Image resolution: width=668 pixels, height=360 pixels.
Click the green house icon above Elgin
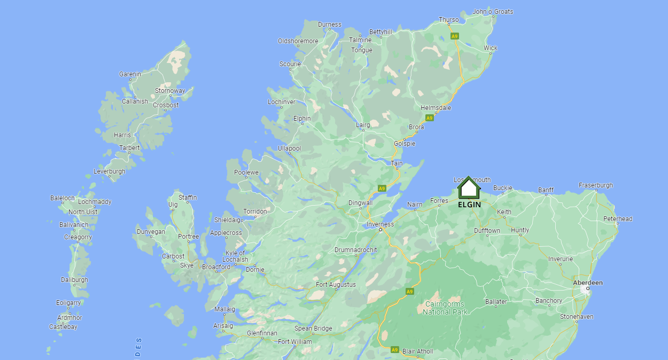point(469,188)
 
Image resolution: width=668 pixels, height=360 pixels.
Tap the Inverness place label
point(380,224)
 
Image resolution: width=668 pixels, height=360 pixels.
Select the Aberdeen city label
point(587,283)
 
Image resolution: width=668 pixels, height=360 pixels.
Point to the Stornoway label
point(170,91)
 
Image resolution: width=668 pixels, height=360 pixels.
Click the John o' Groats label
point(493,12)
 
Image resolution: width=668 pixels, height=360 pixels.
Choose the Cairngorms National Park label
point(445,308)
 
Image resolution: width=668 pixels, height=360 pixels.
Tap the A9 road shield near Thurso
point(454,36)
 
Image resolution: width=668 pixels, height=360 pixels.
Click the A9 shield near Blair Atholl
point(394,350)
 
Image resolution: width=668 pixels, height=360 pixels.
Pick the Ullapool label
point(289,148)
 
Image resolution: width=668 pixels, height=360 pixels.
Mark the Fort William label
point(294,342)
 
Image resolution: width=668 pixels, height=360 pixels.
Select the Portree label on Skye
point(188,237)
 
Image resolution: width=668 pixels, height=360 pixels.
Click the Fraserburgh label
point(595,185)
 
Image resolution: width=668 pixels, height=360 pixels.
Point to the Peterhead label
point(617,219)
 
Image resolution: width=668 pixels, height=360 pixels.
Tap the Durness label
point(329,25)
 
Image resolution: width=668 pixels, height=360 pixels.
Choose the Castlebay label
point(63,327)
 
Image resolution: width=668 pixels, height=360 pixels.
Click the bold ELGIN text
point(469,205)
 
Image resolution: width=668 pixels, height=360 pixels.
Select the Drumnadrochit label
point(355,250)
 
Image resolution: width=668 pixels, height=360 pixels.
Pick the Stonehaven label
point(576,317)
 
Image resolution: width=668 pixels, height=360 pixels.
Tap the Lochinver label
point(281,102)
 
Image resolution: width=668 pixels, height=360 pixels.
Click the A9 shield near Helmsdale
point(429,118)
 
